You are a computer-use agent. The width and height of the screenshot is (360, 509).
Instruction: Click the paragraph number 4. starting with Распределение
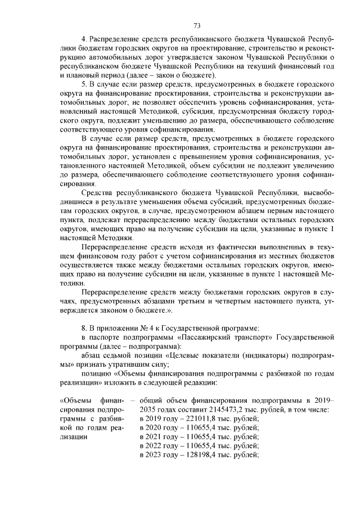tap(84, 38)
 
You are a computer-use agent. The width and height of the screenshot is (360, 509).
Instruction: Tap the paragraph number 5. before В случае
tap(84, 83)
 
